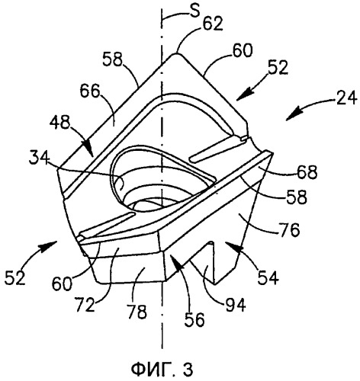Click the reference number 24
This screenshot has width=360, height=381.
(346, 98)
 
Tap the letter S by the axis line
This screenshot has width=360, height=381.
(194, 11)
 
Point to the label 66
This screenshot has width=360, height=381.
(89, 91)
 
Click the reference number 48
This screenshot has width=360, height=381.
(59, 123)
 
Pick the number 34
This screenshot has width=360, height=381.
(40, 158)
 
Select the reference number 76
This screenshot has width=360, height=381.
(289, 229)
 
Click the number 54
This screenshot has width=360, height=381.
(268, 277)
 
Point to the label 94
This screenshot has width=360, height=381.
(236, 304)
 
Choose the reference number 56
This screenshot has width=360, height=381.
(194, 319)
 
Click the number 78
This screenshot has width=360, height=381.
(137, 311)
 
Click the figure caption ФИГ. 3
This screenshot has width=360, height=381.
(162, 370)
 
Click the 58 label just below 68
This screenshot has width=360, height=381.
(297, 197)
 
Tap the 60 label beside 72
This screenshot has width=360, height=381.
(62, 283)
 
